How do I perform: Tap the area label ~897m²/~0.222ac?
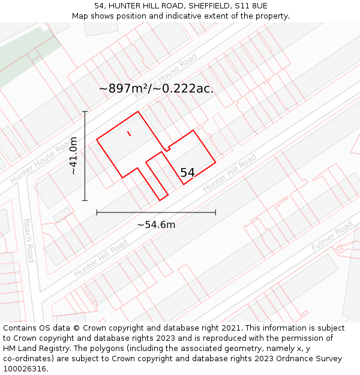pos(156,89)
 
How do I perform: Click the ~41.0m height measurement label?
pos(73,156)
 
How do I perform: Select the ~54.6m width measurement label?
pos(156,225)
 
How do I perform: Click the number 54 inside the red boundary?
pos(188,173)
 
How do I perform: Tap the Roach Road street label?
pos(28,240)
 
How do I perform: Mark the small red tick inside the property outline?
pos(129,133)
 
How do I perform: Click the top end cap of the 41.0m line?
pos(85,112)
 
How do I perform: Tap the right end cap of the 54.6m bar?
pos(215,212)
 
